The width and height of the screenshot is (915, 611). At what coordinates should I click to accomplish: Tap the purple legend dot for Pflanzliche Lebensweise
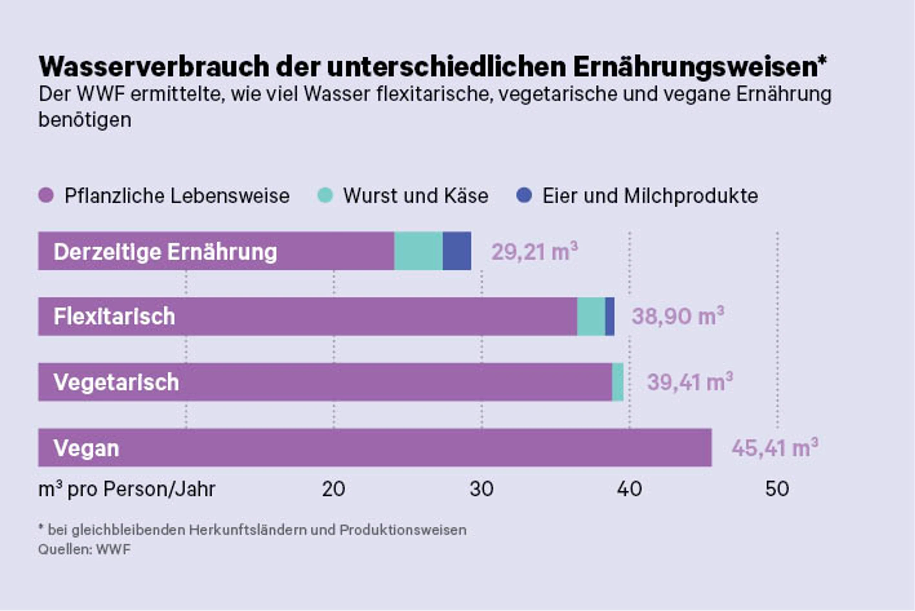(x=46, y=195)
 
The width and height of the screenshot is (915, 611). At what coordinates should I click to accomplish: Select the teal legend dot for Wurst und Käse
(x=325, y=195)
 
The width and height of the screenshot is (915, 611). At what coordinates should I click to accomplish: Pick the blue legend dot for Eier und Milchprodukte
(x=524, y=195)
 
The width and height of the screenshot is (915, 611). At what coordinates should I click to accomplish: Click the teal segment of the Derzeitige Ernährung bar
(x=419, y=251)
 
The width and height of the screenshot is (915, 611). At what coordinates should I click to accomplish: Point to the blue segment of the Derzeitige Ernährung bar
(x=457, y=251)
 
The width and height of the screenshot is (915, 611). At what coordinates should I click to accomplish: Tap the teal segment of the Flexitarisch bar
(x=591, y=316)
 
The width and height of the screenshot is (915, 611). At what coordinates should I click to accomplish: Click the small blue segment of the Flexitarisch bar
(x=610, y=316)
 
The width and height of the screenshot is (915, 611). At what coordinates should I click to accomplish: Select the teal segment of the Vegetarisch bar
(x=618, y=382)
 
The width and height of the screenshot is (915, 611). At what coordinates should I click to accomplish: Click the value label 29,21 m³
(x=535, y=251)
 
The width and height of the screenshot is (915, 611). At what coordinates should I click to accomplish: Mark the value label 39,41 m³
(x=690, y=381)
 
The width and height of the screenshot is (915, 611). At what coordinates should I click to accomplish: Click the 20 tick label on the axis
(x=334, y=489)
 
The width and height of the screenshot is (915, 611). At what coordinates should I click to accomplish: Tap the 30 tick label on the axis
(x=482, y=489)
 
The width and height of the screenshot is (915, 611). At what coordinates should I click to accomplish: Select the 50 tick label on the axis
(x=777, y=489)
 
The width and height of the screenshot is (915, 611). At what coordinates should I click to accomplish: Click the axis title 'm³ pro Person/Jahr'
(x=127, y=489)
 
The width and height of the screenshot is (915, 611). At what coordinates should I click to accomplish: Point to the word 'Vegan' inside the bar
(x=86, y=448)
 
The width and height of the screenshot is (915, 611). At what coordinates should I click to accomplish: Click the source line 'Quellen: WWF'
(x=84, y=549)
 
